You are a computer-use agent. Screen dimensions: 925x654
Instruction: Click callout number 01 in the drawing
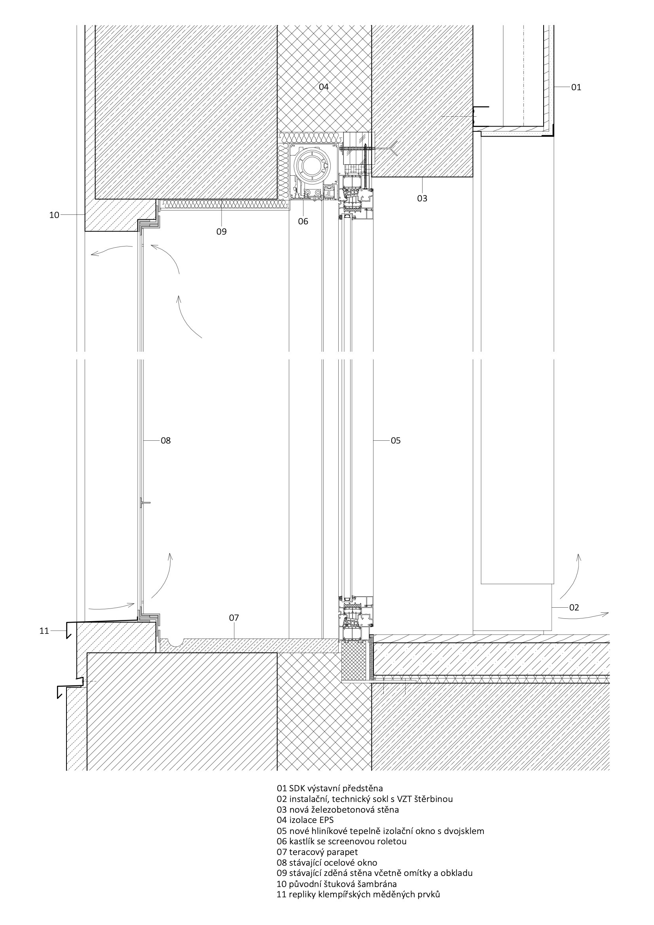tap(576, 87)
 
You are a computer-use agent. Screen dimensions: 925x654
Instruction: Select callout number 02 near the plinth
tap(574, 608)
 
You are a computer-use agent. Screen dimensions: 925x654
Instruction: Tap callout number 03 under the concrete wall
tap(422, 198)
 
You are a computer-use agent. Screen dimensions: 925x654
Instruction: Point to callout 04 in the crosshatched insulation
tap(324, 87)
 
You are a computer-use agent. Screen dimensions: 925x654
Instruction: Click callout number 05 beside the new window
tap(396, 441)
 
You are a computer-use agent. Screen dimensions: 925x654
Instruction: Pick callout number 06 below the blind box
tap(303, 221)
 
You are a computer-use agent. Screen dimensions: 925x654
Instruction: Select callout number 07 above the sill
tap(234, 618)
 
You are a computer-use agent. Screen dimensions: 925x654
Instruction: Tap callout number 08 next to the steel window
tap(166, 441)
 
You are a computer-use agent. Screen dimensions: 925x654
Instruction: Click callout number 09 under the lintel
tap(221, 232)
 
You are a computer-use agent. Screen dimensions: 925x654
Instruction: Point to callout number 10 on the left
tap(54, 215)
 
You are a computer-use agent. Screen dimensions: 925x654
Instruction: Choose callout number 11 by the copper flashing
tap(44, 631)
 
